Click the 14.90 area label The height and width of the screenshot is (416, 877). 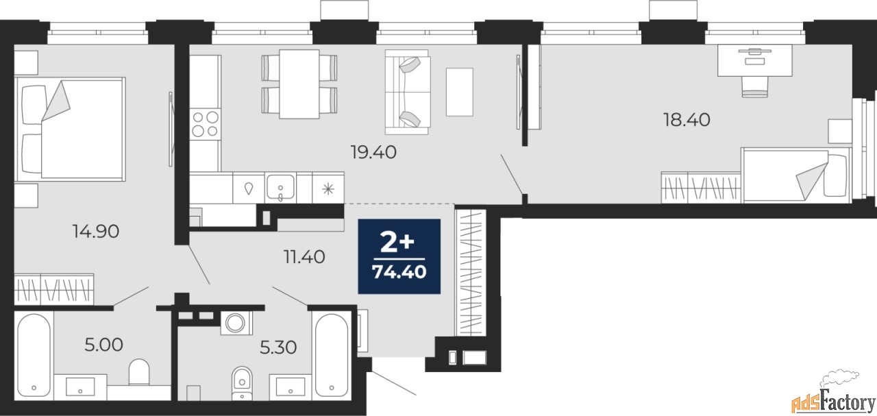click(96, 231)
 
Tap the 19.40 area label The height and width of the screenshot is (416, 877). click(373, 152)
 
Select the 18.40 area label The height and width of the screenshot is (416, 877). click(687, 119)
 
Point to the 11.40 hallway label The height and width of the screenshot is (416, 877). click(304, 257)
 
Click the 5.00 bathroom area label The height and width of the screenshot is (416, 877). click(103, 345)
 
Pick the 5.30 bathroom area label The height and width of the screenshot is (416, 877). click(278, 347)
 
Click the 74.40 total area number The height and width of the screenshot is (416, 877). click(399, 271)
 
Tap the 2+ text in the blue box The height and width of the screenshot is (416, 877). click(397, 243)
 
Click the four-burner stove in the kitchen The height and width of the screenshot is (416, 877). click(206, 124)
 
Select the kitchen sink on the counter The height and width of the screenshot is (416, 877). click(280, 187)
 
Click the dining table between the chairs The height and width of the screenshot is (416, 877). click(299, 84)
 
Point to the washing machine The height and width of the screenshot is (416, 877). click(236, 323)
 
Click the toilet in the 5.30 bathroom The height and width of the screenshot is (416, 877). click(242, 384)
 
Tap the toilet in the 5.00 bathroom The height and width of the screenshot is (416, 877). click(139, 371)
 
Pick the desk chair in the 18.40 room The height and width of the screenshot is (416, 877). click(755, 86)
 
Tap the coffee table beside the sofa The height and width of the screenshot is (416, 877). click(460, 92)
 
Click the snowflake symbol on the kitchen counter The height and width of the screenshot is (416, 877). click(328, 189)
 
